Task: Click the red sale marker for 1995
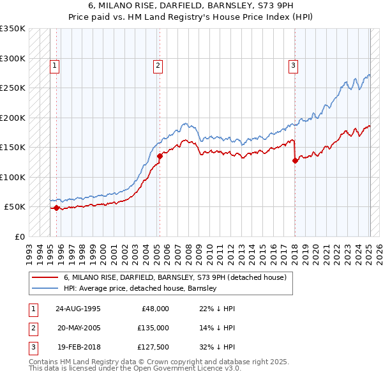pyautogui.click(x=56, y=208)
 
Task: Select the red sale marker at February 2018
pyautogui.click(x=295, y=161)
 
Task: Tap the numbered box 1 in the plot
pyautogui.click(x=55, y=65)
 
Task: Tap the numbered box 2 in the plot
pyautogui.click(x=158, y=65)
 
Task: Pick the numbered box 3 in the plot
pyautogui.click(x=293, y=65)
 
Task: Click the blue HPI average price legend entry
pyautogui.click(x=140, y=288)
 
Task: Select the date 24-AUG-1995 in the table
pyautogui.click(x=78, y=308)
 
